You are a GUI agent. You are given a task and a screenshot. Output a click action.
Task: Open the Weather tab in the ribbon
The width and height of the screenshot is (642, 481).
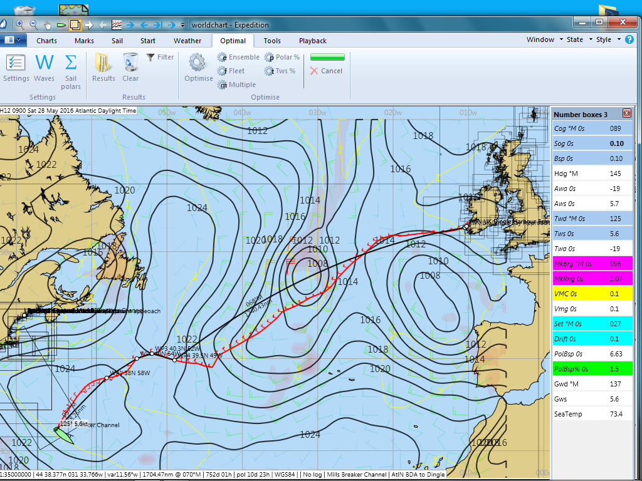click(x=187, y=41)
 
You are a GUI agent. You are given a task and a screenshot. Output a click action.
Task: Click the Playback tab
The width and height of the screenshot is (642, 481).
click(x=312, y=41)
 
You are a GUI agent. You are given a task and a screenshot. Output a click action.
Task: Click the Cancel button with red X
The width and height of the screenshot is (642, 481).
click(x=326, y=71)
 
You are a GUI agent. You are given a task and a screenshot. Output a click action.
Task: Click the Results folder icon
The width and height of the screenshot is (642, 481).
click(x=103, y=68)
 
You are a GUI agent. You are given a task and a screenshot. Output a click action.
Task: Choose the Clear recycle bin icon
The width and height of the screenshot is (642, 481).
click(x=130, y=68)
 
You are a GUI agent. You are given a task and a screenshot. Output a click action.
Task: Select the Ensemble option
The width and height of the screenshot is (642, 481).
click(x=238, y=57)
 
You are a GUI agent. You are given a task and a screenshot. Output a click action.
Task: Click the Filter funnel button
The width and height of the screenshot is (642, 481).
click(x=160, y=57)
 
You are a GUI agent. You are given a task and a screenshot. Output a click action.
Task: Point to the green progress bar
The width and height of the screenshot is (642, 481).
click(x=327, y=57)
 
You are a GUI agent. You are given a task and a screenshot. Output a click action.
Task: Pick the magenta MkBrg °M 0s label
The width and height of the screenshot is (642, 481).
click(x=572, y=264)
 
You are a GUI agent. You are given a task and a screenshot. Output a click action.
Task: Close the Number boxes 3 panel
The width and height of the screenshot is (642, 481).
click(x=626, y=113)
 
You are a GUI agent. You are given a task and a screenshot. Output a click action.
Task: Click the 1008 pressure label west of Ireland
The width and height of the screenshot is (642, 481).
click(x=429, y=276)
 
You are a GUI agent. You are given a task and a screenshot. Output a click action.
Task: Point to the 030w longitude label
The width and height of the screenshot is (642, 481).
click(x=317, y=113)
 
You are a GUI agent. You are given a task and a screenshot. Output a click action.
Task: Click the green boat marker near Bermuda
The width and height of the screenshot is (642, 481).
click(x=64, y=434)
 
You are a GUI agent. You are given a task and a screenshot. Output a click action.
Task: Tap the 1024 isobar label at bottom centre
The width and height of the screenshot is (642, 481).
click(x=310, y=434)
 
